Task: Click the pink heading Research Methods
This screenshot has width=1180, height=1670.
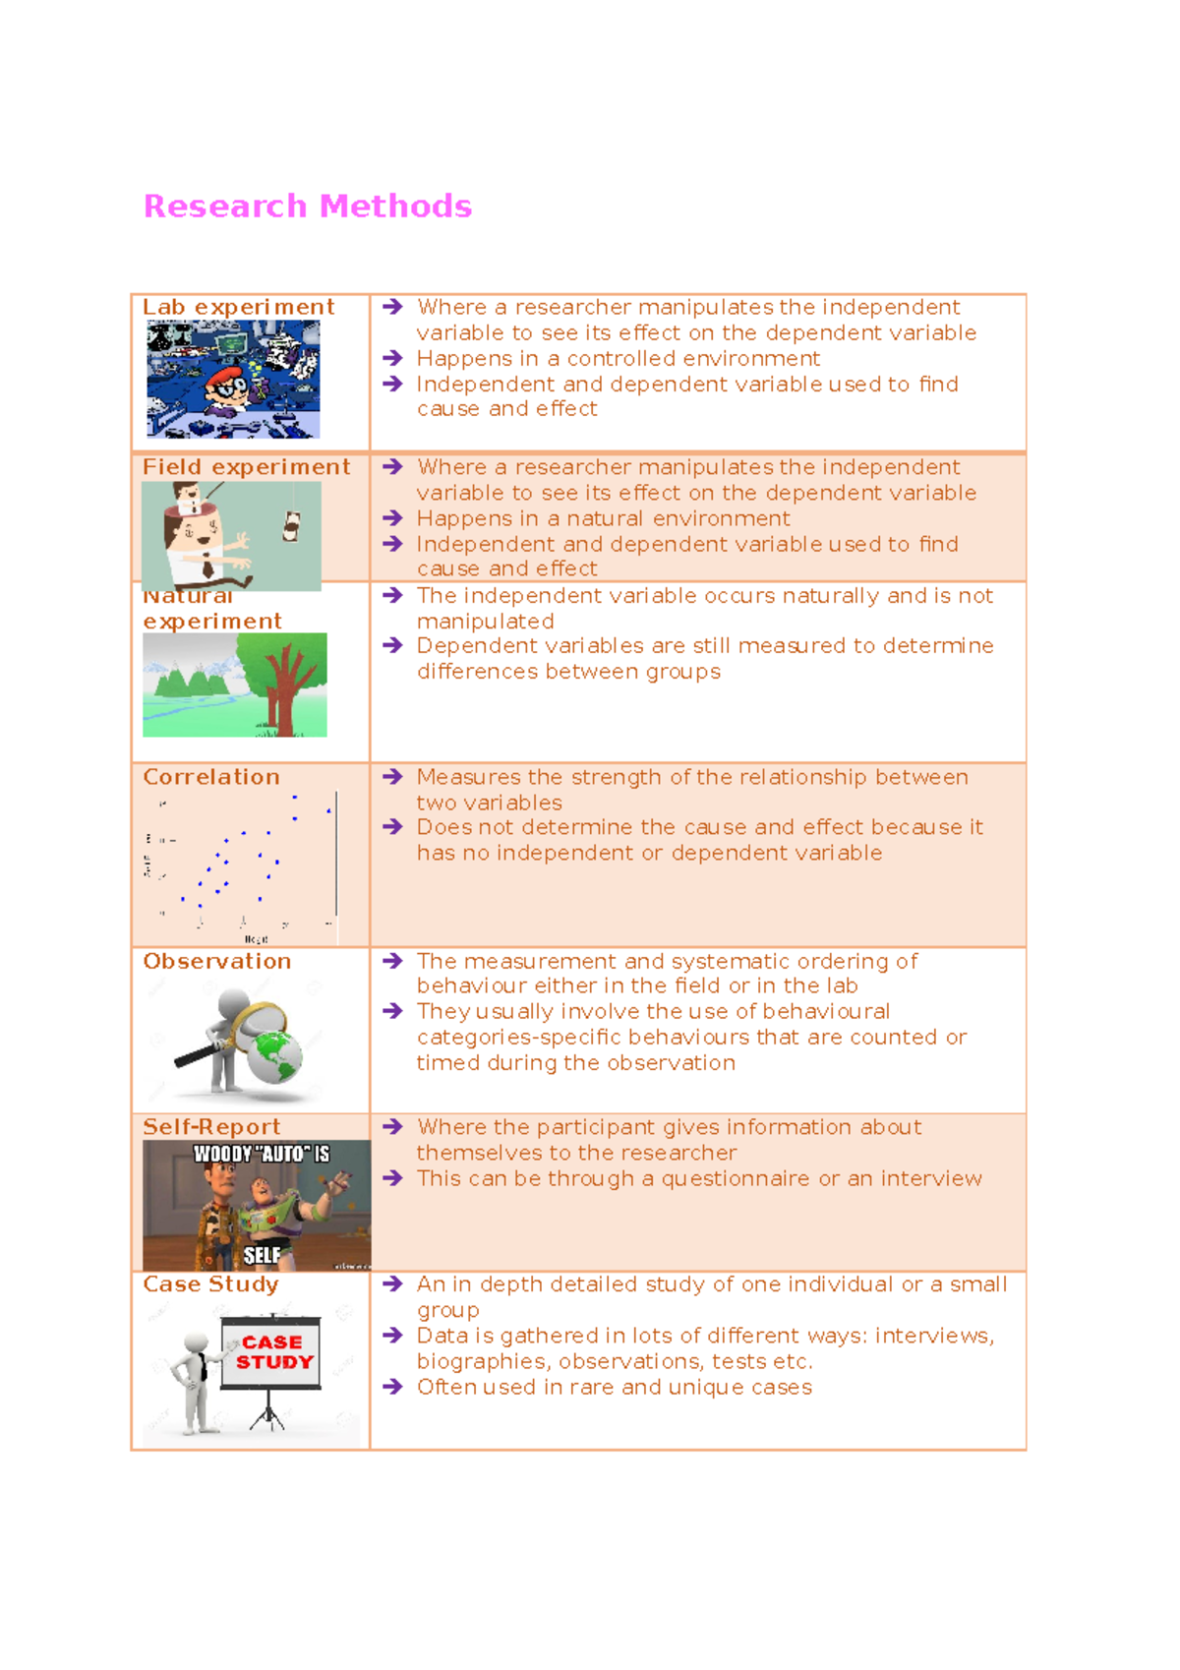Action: pos(307,207)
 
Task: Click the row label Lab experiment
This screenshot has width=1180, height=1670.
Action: pos(238,308)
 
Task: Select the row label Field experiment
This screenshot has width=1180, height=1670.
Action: pos(246,467)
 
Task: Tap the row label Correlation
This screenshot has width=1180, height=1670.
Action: pos(211,777)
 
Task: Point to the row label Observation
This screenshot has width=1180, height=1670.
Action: pos(216,962)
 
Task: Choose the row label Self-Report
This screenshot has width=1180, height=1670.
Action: pos(211,1127)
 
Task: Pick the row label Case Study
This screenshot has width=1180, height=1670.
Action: pos(210,1284)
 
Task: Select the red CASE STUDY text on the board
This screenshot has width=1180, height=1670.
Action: pos(272,1352)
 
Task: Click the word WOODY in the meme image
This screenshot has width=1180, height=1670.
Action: pos(222,1155)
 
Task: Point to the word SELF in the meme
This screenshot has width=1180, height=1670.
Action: pos(262,1255)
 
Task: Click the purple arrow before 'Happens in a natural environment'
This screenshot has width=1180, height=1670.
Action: pos(393,518)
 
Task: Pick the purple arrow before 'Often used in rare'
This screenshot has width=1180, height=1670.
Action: pos(393,1387)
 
